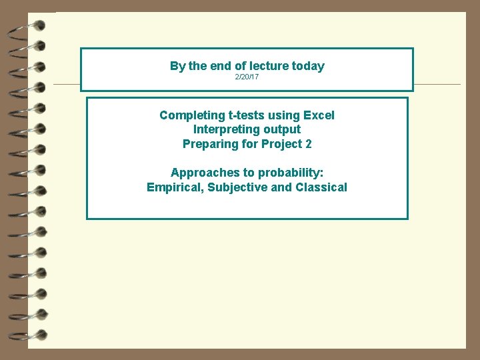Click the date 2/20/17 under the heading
pos(247,78)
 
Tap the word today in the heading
pos(307,66)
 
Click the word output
pos(283,129)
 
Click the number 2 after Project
pos(308,143)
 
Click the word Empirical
pos(175,187)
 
